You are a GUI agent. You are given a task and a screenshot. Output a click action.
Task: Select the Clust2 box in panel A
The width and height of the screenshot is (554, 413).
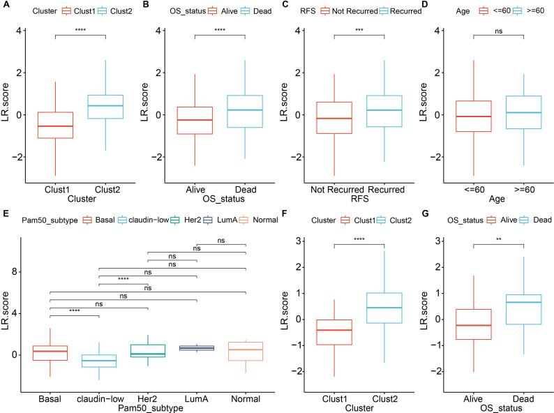click(105, 107)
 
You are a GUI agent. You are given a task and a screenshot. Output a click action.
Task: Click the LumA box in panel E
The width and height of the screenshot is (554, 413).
click(196, 347)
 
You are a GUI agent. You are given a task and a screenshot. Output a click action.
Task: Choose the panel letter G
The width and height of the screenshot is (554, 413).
click(423, 219)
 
